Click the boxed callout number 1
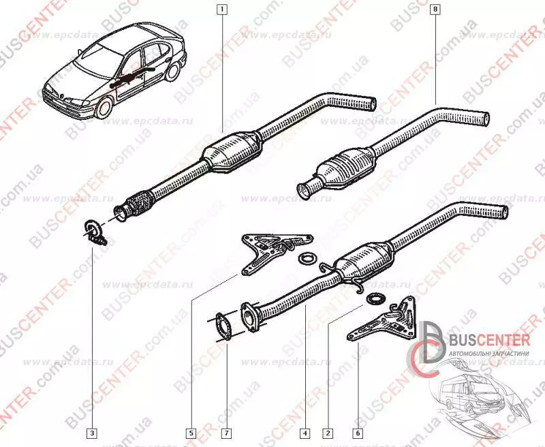(221, 10)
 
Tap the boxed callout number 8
(435, 10)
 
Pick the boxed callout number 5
(193, 432)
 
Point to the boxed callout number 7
(225, 432)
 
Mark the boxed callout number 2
(328, 432)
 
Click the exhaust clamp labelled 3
(93, 231)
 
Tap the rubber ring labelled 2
(373, 299)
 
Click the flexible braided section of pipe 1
(140, 201)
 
